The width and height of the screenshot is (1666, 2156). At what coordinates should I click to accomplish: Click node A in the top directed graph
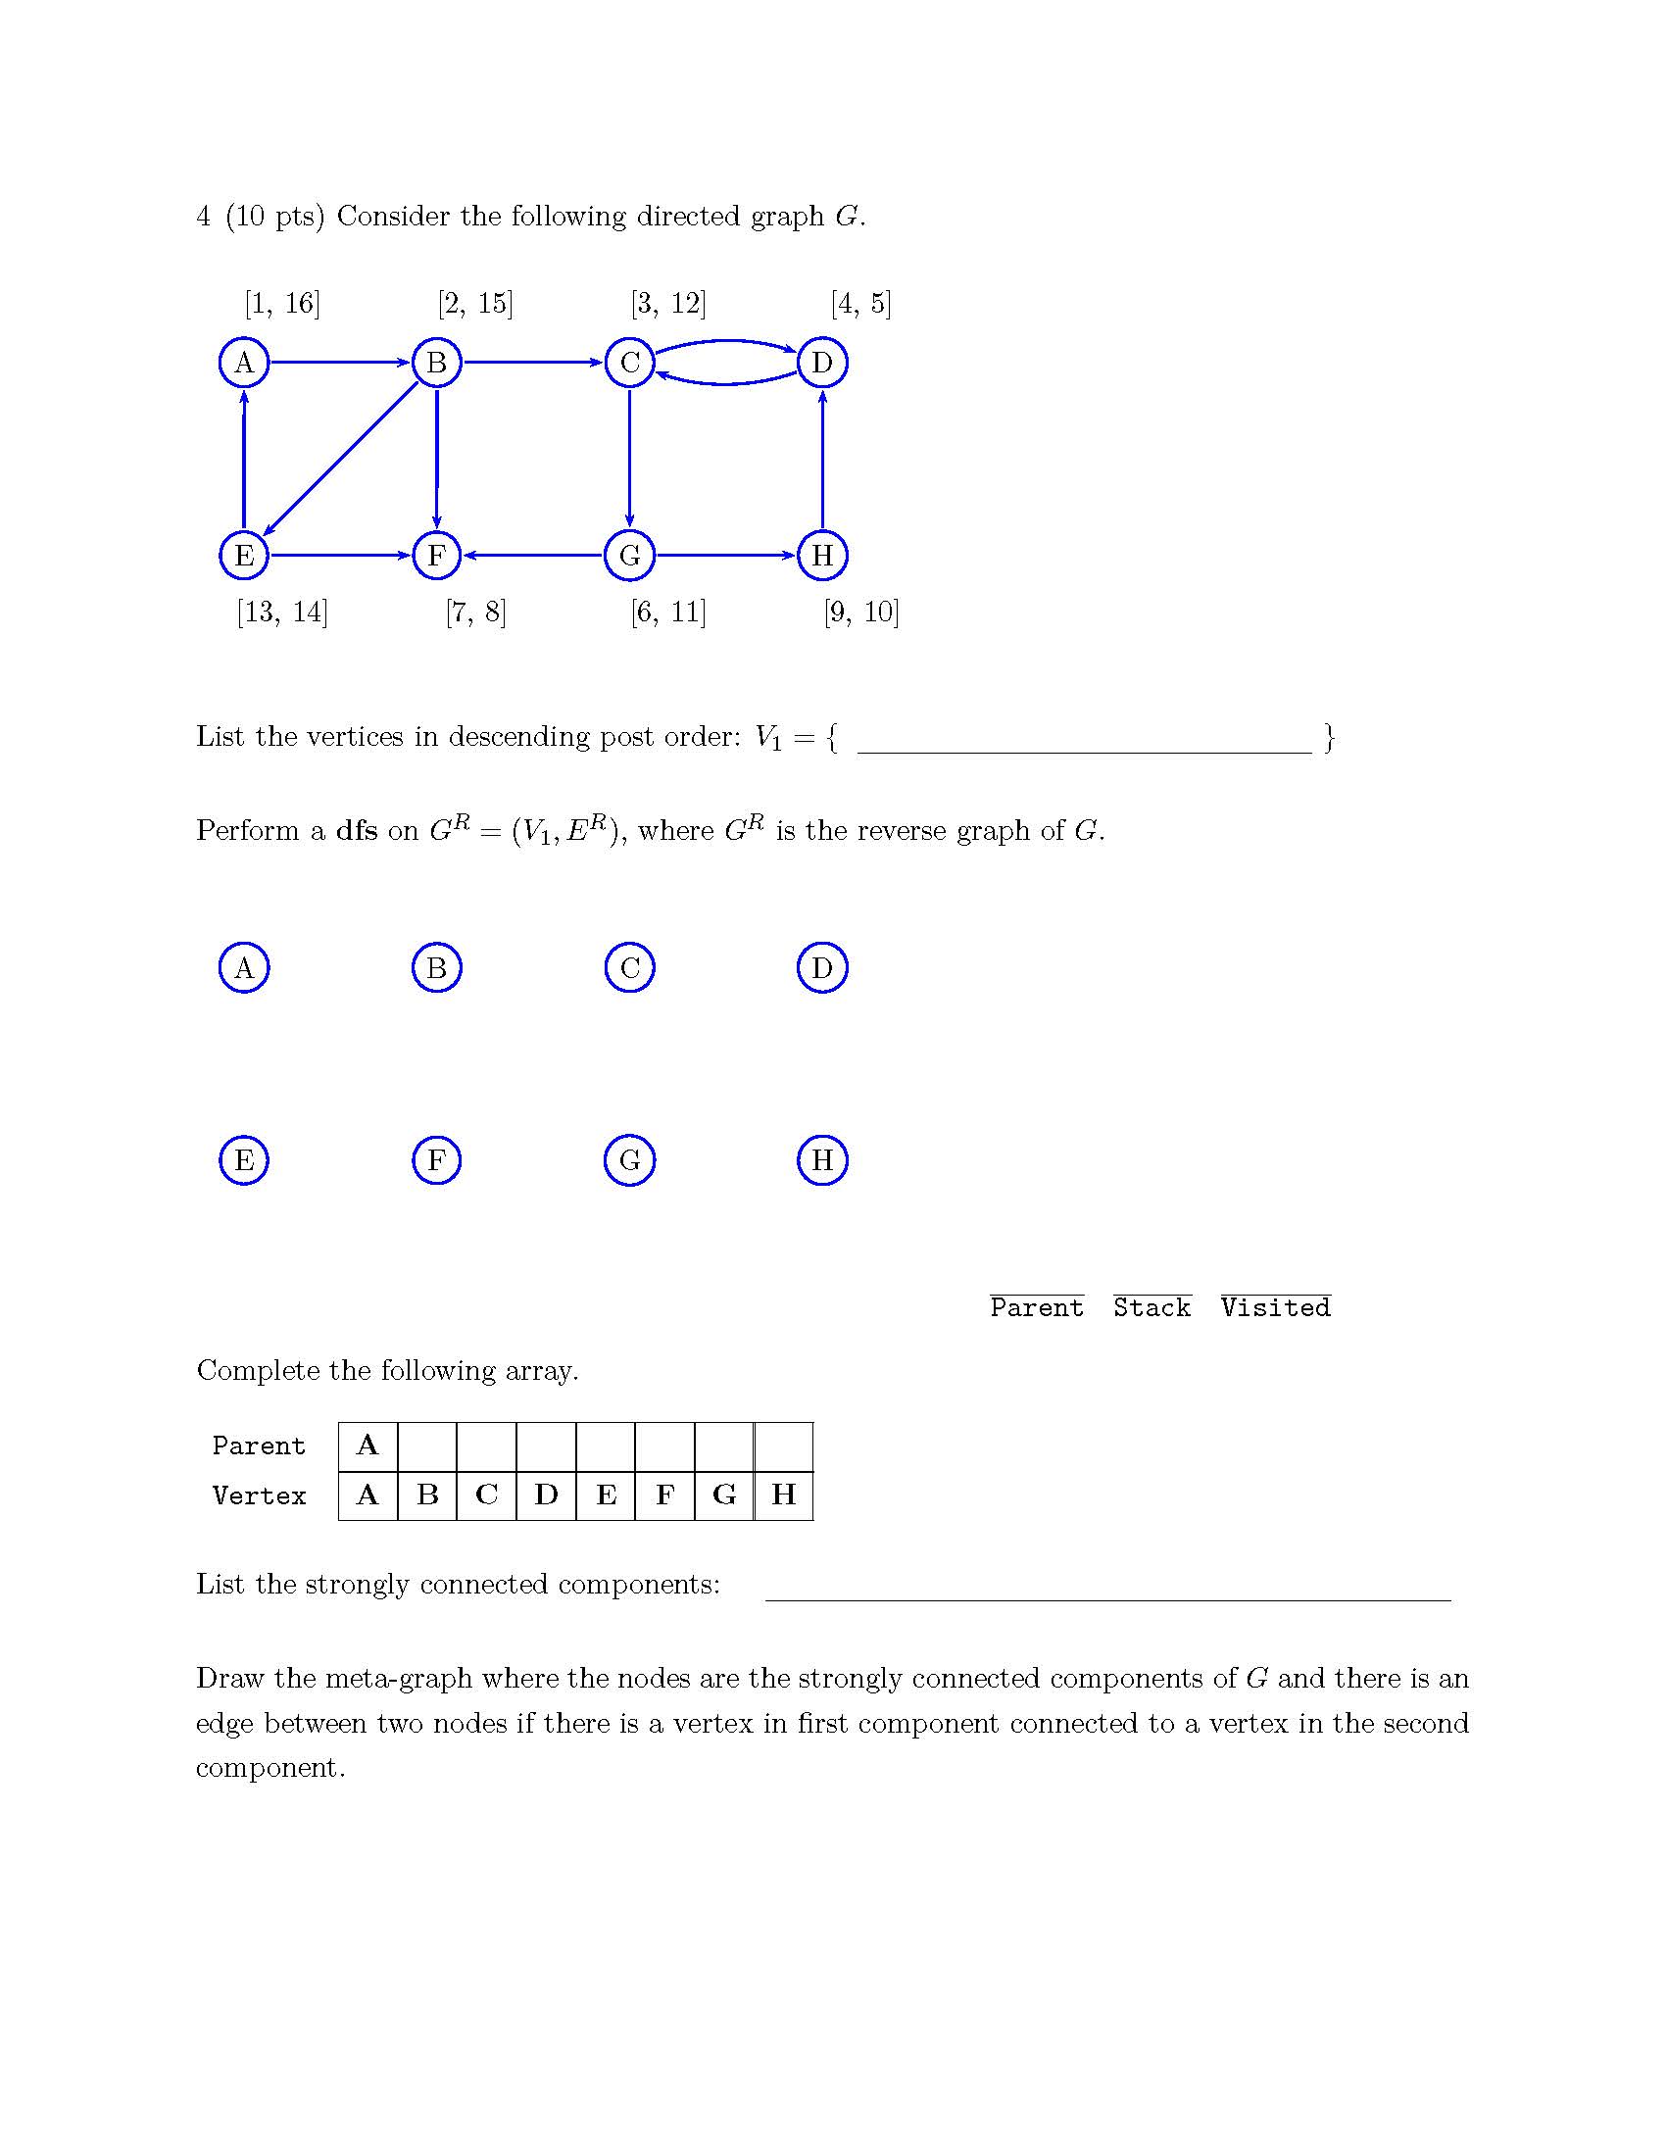point(244,363)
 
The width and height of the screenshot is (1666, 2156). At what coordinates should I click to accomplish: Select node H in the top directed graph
point(822,555)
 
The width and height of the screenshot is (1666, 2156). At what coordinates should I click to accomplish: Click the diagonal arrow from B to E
point(340,459)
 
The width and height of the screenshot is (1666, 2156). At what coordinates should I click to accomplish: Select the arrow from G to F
point(533,555)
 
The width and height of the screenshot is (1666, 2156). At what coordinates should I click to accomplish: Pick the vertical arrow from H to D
point(822,459)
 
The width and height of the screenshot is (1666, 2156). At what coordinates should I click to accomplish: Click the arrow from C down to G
point(630,459)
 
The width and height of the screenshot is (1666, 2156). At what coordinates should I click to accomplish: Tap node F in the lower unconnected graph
point(436,1160)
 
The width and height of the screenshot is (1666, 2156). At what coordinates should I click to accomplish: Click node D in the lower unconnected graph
point(822,967)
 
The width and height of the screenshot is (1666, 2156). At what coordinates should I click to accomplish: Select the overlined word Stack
point(1151,1307)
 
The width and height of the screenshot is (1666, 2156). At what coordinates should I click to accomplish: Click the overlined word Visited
point(1275,1307)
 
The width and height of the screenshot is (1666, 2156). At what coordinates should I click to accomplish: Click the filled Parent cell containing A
point(368,1446)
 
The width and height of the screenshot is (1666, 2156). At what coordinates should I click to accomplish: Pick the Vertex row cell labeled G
point(724,1495)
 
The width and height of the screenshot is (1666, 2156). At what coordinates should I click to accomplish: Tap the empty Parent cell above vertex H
point(784,1446)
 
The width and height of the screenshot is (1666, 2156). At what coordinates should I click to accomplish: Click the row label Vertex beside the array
point(259,1495)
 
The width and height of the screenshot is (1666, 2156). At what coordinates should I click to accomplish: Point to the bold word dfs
point(357,830)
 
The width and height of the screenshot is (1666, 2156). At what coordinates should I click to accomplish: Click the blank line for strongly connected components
point(1107,1589)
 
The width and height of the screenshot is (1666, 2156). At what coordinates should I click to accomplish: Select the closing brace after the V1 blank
point(1330,737)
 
